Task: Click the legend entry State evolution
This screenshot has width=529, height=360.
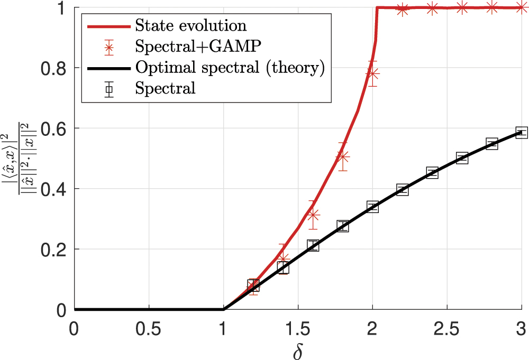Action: point(190,25)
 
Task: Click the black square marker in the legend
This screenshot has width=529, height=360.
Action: point(109,88)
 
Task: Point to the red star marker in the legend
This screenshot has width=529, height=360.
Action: point(109,48)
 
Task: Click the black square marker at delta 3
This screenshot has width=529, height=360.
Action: point(522,132)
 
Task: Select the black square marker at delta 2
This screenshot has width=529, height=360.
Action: point(372,206)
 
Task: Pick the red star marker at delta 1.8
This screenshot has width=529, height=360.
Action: point(343,157)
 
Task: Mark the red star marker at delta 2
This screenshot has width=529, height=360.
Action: point(372,74)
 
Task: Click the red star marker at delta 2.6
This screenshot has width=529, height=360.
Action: point(462,7)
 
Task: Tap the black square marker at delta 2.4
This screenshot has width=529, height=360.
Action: point(432,172)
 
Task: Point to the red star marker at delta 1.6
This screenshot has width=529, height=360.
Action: point(313,215)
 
